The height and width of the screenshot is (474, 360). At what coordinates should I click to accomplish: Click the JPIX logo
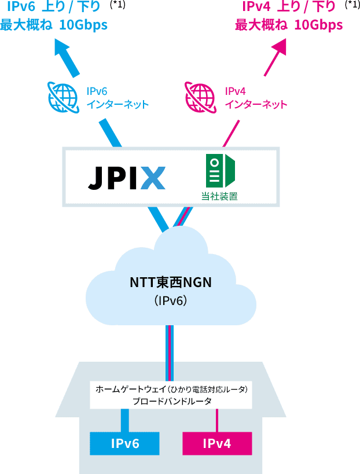tap(127, 178)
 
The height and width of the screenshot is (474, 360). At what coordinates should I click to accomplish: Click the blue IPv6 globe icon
tap(63, 97)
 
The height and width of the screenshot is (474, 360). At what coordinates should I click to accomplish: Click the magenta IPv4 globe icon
tap(200, 97)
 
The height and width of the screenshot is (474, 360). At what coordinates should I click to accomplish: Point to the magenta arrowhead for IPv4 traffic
tap(280, 48)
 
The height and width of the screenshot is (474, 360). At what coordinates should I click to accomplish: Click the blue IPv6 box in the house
tap(124, 443)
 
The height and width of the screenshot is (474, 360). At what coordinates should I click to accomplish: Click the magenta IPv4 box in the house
tap(217, 443)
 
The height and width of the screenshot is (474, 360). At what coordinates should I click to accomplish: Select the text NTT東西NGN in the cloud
tap(171, 283)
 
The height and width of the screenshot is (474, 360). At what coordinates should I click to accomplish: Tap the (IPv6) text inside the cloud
tap(171, 301)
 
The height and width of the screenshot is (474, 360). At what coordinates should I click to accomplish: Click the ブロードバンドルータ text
tap(172, 401)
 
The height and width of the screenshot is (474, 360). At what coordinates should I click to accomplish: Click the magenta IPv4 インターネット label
tap(255, 98)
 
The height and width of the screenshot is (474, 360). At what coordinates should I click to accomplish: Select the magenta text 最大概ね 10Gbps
tap(289, 25)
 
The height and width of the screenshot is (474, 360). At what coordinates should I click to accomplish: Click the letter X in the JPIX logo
tap(152, 178)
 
